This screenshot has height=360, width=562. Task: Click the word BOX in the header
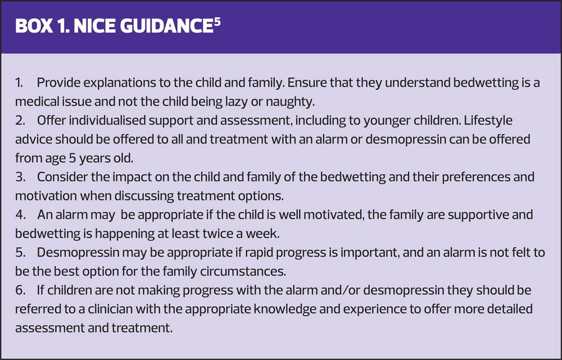34,26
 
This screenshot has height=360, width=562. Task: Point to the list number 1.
19,83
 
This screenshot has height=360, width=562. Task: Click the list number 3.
20,177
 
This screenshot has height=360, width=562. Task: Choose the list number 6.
20,290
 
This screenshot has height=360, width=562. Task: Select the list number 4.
20,215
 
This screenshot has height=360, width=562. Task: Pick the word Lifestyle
488,120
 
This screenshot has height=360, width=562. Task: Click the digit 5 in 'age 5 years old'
71,158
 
